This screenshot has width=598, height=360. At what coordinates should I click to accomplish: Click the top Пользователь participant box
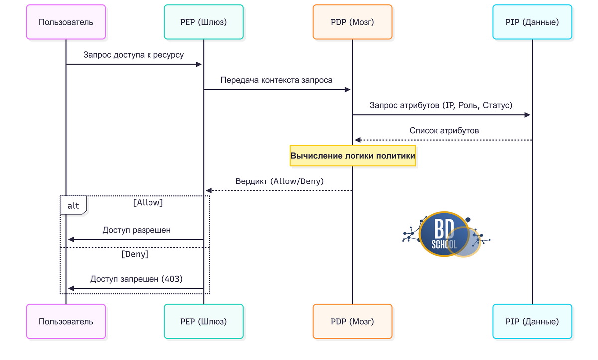tap(66, 22)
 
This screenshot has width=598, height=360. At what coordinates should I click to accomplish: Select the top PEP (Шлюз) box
tap(204, 22)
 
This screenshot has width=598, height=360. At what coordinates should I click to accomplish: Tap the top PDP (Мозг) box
tap(352, 22)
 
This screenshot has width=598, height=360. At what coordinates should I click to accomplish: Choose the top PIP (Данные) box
tap(532, 22)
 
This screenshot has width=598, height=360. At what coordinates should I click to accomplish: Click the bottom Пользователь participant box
tap(66, 322)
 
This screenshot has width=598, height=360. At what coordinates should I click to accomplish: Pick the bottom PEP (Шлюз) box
tap(204, 322)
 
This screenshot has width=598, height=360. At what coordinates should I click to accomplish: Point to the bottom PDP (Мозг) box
tap(352, 322)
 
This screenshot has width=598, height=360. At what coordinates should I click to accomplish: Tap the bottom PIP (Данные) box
tap(532, 322)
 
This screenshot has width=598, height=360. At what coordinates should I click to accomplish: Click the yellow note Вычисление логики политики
tap(352, 156)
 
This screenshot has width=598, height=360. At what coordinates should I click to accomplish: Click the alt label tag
tap(73, 206)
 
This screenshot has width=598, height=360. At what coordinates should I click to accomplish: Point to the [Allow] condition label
tap(148, 203)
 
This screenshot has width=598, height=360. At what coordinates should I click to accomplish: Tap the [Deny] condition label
tap(135, 254)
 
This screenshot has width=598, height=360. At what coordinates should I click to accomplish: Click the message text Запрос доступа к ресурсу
tap(134, 55)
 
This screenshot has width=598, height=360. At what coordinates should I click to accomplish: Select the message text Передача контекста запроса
tap(277, 80)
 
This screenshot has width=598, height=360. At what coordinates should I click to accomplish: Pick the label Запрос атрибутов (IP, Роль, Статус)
tap(441, 105)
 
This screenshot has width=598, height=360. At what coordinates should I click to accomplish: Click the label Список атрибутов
tap(445, 130)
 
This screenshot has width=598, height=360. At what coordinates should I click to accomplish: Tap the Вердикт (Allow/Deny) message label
tap(280, 181)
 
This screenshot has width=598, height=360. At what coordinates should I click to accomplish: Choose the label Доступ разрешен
tap(137, 230)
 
